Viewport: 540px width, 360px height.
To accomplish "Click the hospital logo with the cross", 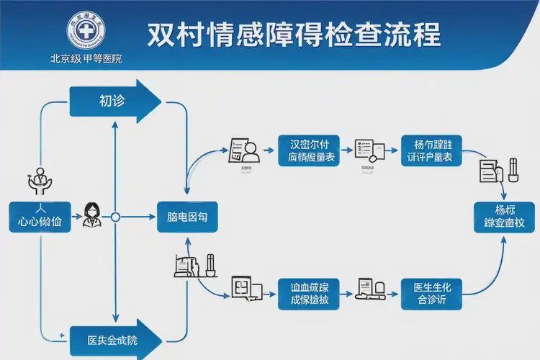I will pyautogui.click(x=86, y=29).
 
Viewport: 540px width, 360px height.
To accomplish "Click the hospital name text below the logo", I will pyautogui.click(x=86, y=58).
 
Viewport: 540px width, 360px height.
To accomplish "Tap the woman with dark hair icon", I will pyautogui.click(x=91, y=215).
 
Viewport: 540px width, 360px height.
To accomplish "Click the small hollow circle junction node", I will pyautogui.click(x=115, y=217).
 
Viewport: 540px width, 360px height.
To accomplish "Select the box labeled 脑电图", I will pyautogui.click(x=187, y=217).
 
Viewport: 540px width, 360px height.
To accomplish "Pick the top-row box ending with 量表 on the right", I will pyautogui.click(x=432, y=150).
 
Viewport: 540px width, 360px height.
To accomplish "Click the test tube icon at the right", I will pyautogui.click(x=513, y=172).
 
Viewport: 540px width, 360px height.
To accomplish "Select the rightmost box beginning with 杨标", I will pyautogui.click(x=504, y=217).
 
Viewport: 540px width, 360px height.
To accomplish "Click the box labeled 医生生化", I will pyautogui.click(x=432, y=293).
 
